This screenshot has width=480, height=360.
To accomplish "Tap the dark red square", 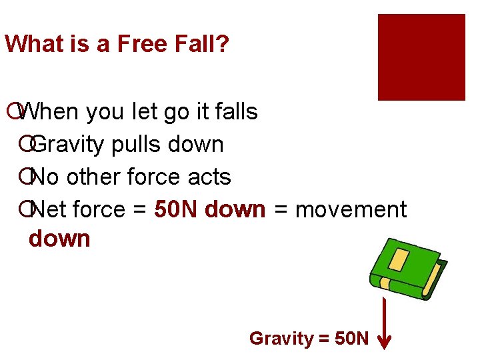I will coord(421,57).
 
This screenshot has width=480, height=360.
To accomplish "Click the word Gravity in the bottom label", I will coord(281,339).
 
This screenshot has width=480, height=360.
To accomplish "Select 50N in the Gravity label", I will coord(351,339).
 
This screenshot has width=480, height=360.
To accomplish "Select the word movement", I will coord(351,209).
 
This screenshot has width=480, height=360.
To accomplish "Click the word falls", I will coord(234,111).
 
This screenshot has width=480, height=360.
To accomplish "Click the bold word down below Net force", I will coord(59,238).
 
